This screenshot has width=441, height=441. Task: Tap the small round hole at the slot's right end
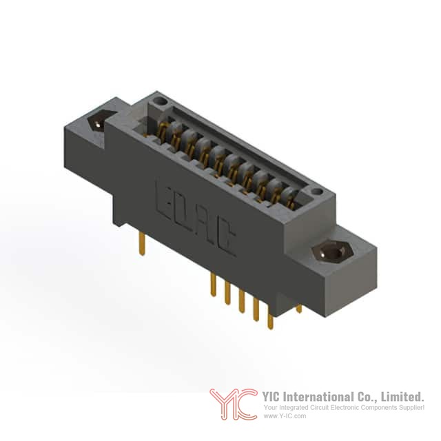point(317,192)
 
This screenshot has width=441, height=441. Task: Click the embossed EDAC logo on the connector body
point(196,218)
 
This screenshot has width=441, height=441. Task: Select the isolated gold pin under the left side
point(143,244)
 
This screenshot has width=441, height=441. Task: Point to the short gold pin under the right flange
point(299,309)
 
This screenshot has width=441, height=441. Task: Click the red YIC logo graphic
point(234,404)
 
